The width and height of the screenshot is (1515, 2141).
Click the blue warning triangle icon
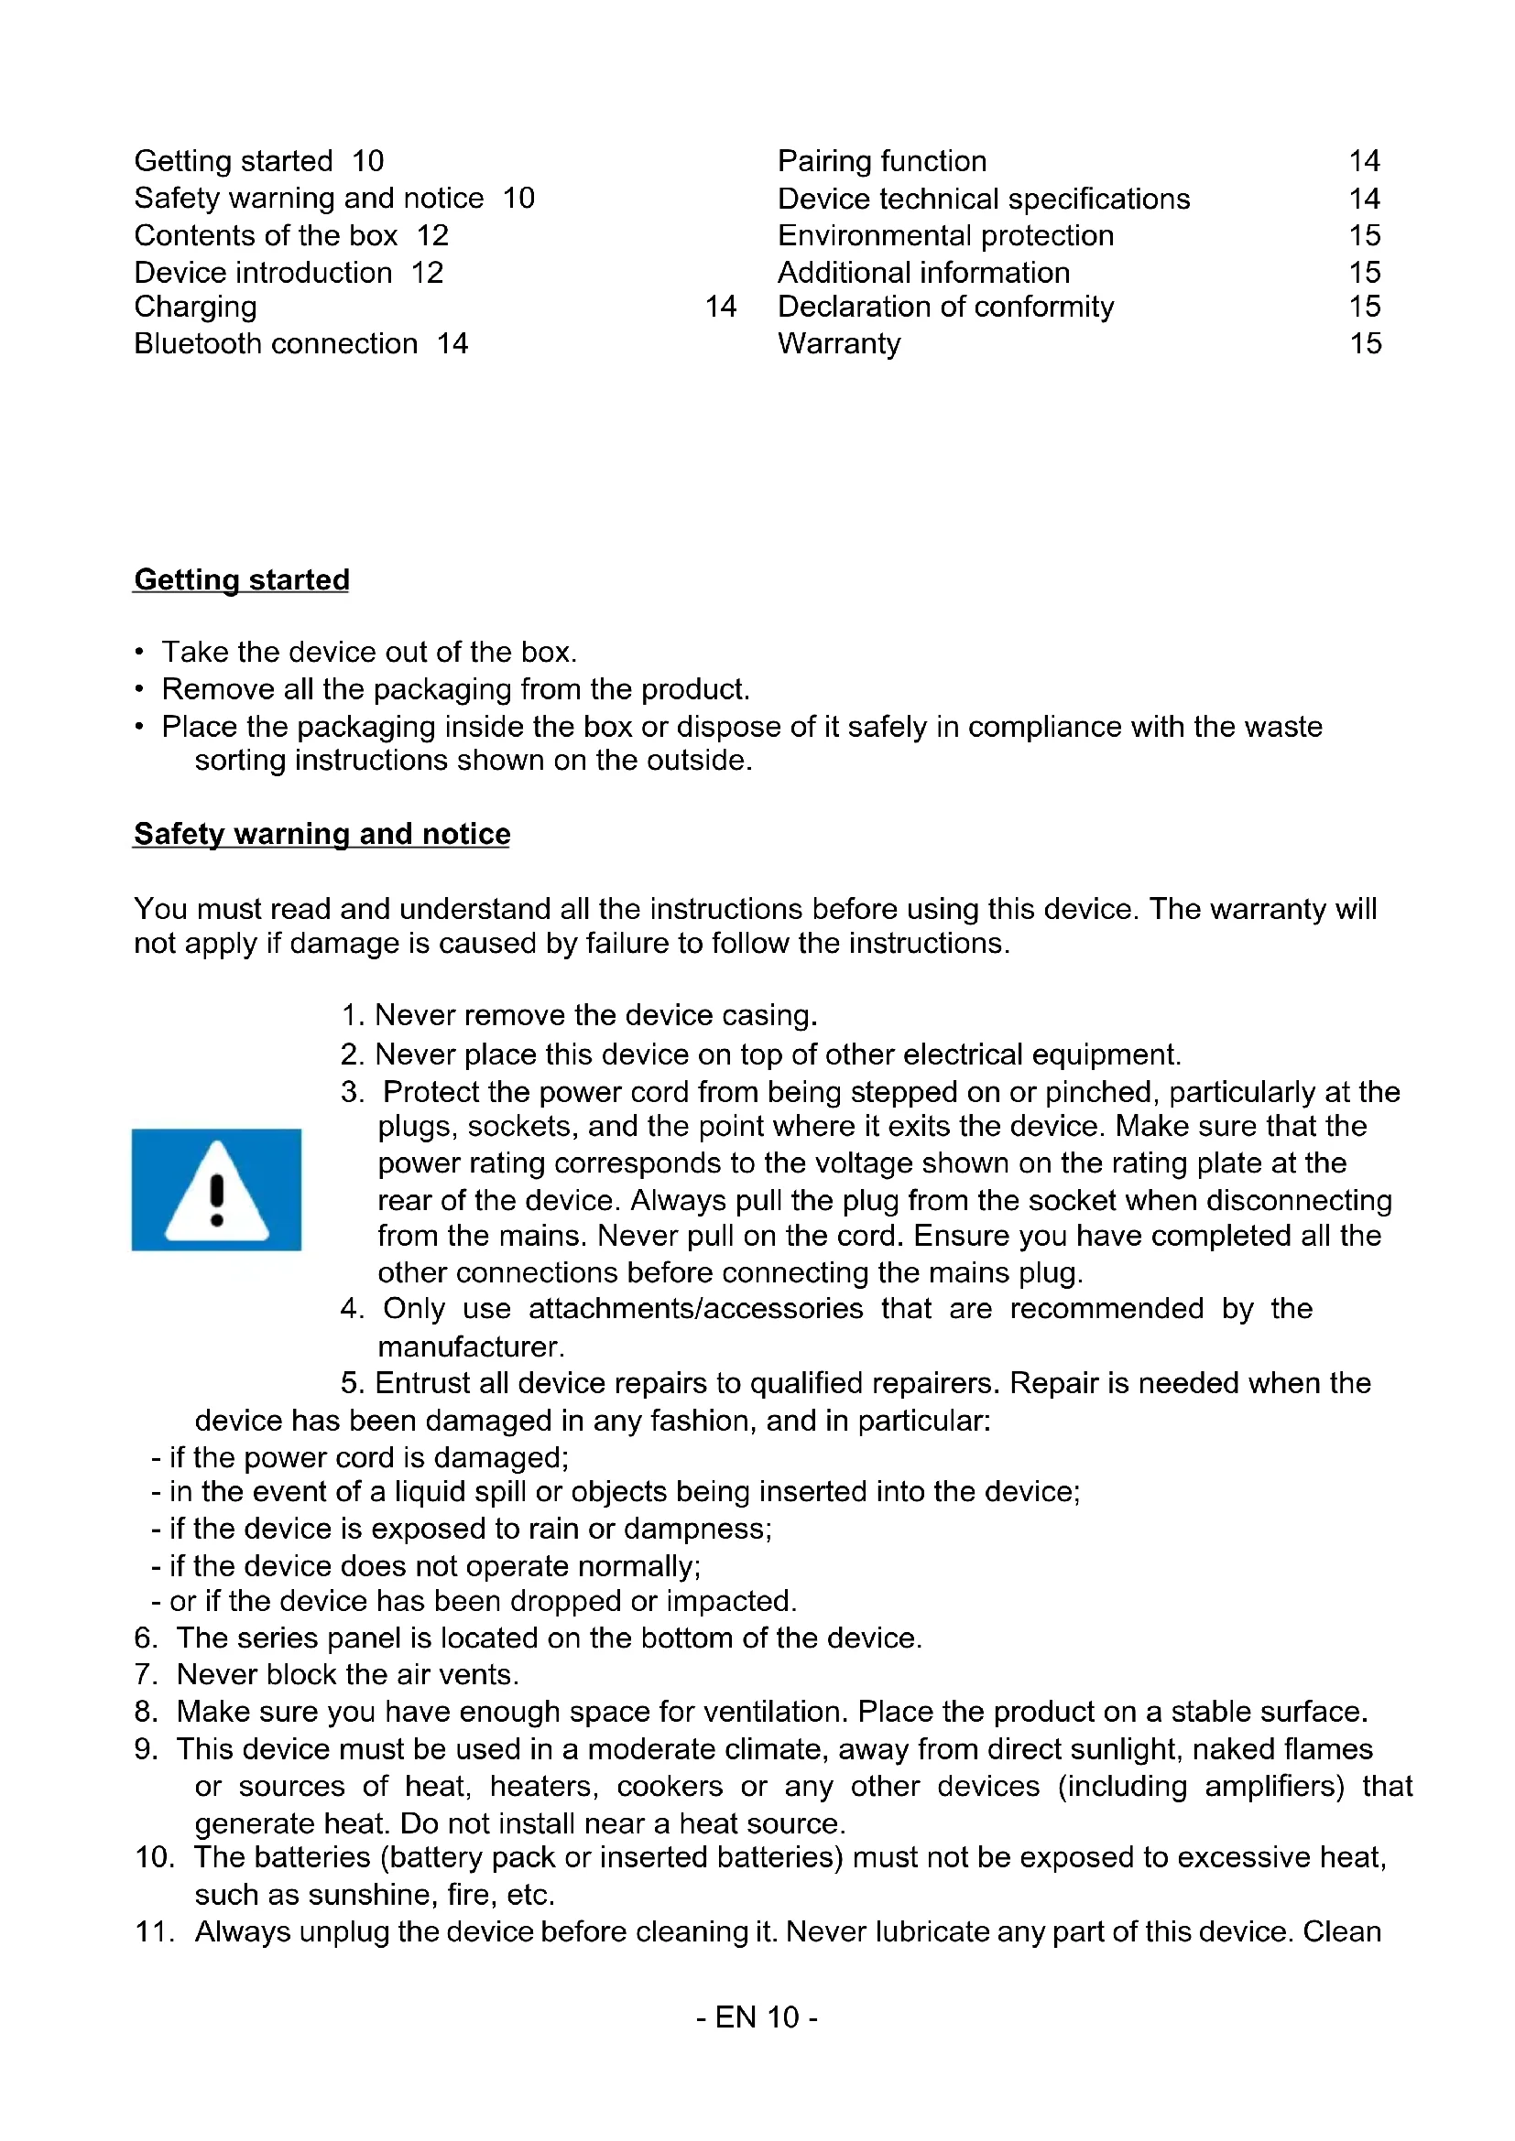(x=216, y=1189)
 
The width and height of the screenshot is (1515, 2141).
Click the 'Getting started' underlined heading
(x=242, y=579)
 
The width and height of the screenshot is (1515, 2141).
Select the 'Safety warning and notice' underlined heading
(x=322, y=834)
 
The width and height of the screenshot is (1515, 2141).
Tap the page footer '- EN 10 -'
(x=757, y=2017)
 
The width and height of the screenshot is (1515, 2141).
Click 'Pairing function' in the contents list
(x=881, y=161)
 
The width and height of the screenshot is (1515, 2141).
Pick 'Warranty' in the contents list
(x=839, y=343)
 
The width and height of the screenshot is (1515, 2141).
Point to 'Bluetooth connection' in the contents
(x=275, y=343)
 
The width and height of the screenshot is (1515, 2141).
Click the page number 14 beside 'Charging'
(x=720, y=306)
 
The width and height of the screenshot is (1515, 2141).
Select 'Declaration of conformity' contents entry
(x=945, y=306)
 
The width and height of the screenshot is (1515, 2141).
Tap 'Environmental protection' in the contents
(x=945, y=235)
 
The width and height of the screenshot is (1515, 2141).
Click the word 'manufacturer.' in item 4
(x=471, y=1346)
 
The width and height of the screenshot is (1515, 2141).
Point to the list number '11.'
(x=155, y=1931)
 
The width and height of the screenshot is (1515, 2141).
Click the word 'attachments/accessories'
(x=695, y=1308)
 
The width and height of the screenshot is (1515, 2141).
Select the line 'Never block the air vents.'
(x=347, y=1674)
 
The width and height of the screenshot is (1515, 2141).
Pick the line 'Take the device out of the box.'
(x=369, y=651)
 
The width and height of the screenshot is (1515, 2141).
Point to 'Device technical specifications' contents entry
(x=983, y=199)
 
